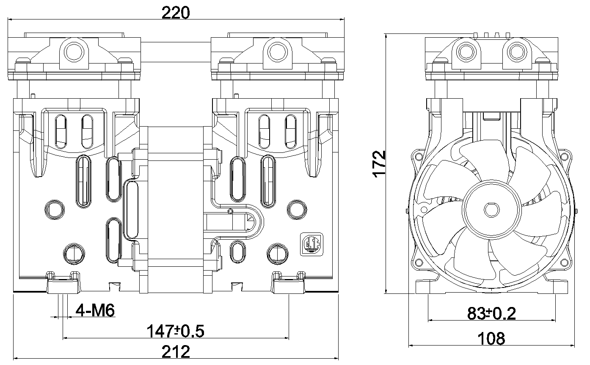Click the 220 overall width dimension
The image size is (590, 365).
(175, 13)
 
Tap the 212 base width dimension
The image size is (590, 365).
(176, 351)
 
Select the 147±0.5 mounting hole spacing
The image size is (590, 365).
(175, 331)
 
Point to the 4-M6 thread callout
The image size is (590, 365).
(95, 310)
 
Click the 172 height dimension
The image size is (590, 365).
(379, 164)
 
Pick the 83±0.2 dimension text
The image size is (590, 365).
(491, 313)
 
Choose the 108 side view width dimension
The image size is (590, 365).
(491, 338)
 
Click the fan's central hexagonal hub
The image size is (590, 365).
(491, 210)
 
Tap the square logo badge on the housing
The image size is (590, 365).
(312, 244)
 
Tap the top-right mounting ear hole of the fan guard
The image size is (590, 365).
(564, 157)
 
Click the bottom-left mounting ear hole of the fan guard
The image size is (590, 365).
(418, 263)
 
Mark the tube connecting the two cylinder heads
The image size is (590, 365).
(176, 52)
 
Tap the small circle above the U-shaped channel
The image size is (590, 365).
(231, 211)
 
